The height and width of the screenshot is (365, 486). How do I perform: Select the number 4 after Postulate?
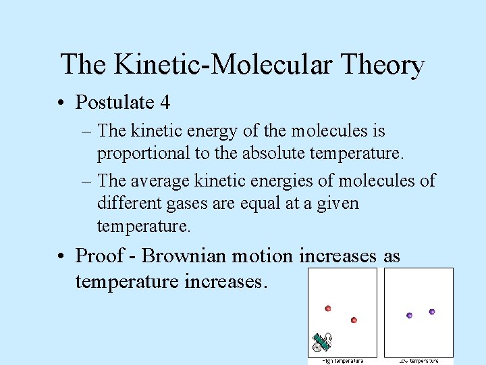[165, 103]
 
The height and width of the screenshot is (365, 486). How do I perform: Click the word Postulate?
[115, 103]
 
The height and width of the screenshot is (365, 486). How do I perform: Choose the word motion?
[263, 256]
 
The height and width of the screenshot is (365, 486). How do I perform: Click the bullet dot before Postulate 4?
[61, 103]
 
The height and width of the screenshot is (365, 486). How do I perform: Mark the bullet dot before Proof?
[61, 257]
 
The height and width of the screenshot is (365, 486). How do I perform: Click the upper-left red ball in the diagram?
[328, 308]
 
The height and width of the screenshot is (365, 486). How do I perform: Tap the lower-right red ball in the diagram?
[354, 320]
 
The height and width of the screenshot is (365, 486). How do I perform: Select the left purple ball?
[409, 315]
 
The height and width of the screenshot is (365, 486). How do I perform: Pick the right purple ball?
[432, 312]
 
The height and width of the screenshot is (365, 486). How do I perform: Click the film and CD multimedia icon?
[322, 343]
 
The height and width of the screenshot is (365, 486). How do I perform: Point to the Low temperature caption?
[418, 361]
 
